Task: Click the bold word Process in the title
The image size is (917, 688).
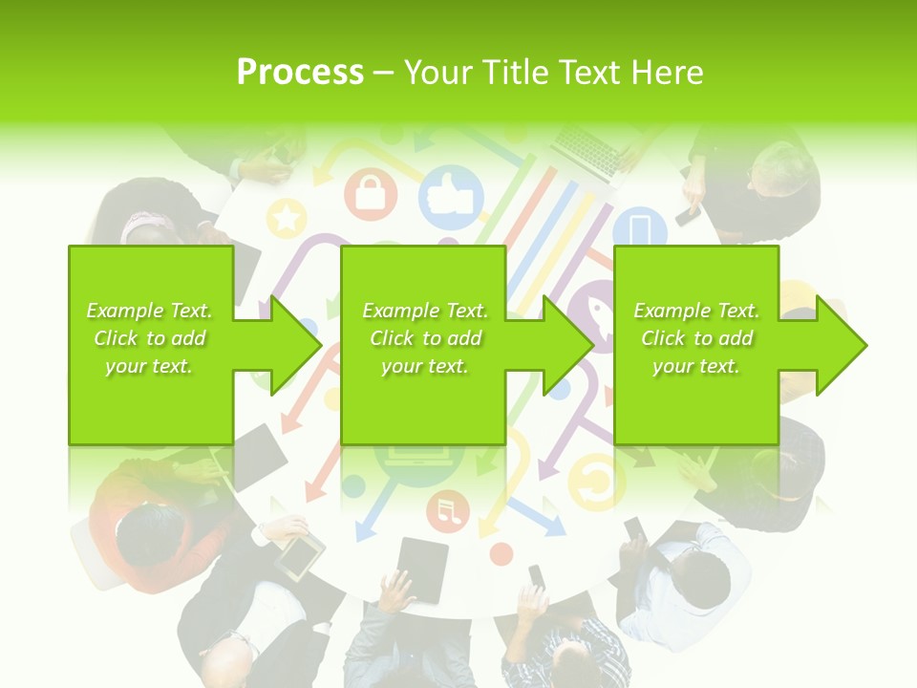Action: [300, 72]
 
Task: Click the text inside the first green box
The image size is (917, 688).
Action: [150, 338]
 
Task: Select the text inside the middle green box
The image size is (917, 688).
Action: [424, 338]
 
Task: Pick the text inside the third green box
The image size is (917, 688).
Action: [695, 338]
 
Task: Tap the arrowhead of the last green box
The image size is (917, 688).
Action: [841, 345]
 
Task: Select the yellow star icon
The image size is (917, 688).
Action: [286, 218]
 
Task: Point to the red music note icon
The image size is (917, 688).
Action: [447, 512]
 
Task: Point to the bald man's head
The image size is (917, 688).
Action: [227, 663]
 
